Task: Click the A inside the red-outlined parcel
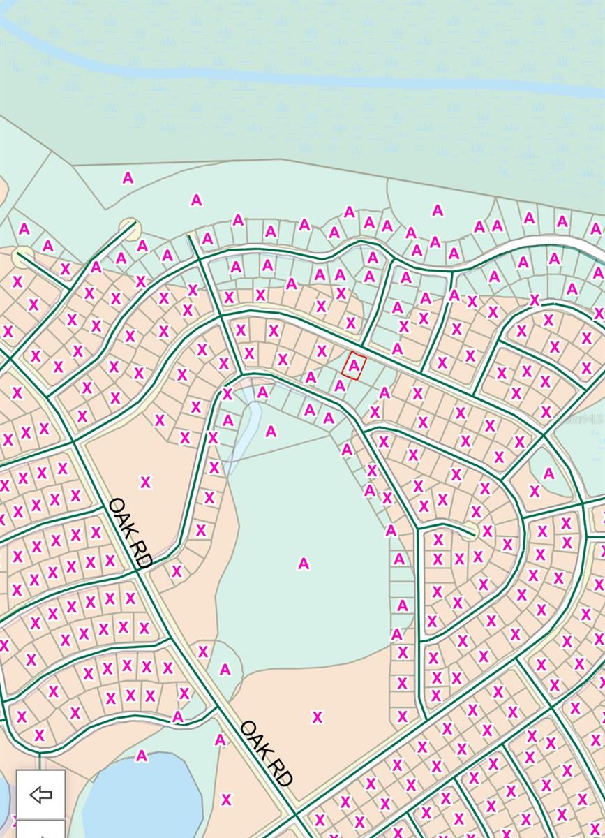[x=355, y=365]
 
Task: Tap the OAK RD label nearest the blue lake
[x=266, y=754]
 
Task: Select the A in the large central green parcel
[x=303, y=563]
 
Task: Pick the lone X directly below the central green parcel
[x=318, y=716]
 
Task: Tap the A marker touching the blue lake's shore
[x=142, y=755]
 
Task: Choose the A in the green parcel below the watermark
[x=548, y=473]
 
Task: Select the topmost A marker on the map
[x=128, y=178]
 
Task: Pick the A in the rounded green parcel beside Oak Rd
[x=225, y=669]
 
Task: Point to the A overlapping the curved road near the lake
[x=178, y=716]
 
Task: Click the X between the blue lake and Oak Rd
[x=225, y=800]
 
